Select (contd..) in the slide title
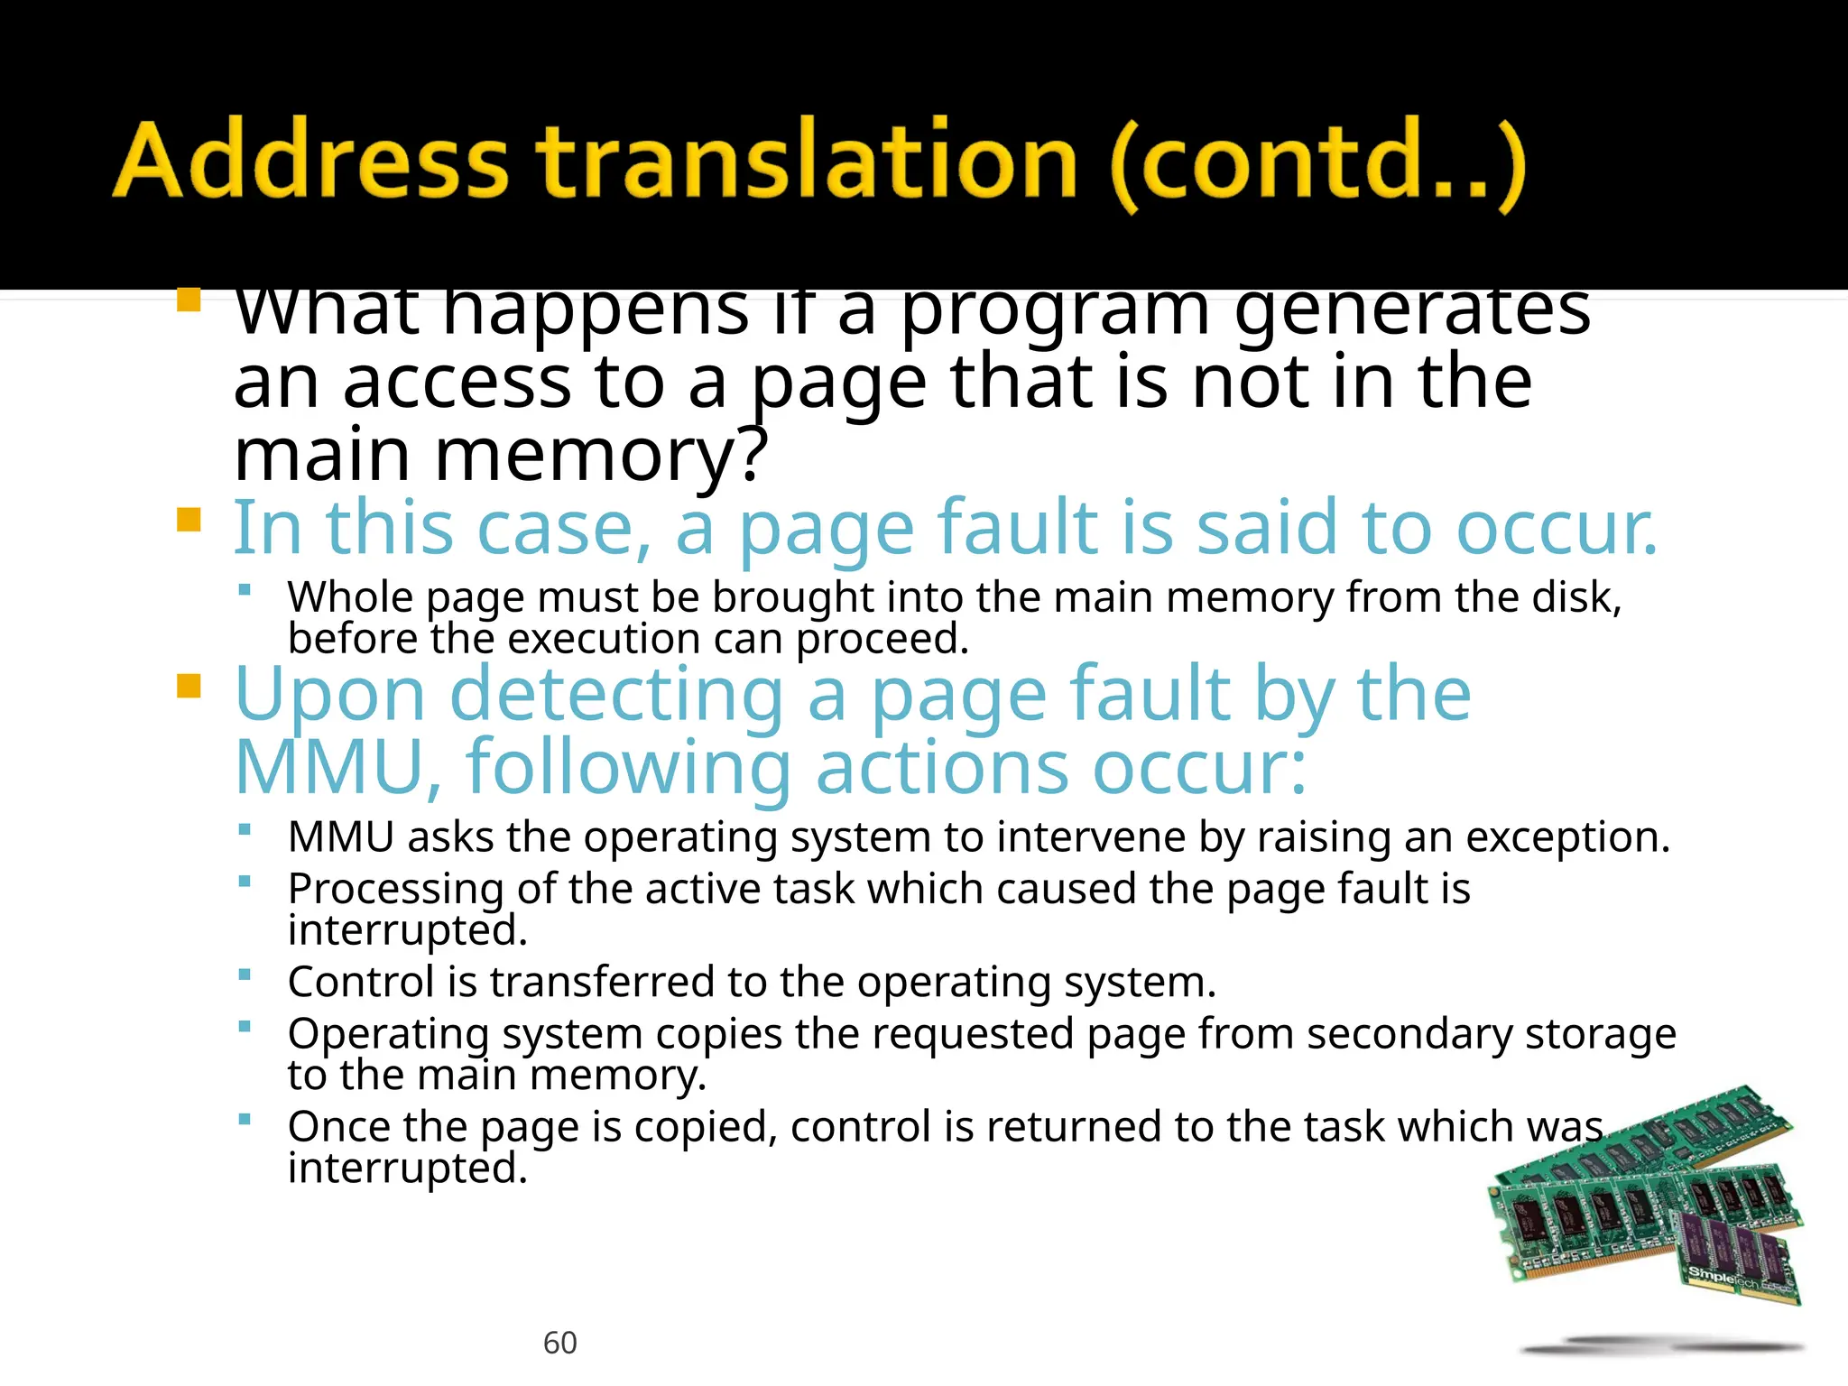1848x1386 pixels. point(1317,164)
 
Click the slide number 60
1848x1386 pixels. point(559,1343)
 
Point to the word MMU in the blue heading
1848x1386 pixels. point(330,768)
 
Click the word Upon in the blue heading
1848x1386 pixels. point(329,696)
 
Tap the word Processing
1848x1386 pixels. point(395,890)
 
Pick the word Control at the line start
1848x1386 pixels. point(361,982)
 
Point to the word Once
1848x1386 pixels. point(338,1127)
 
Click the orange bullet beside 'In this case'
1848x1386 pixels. point(189,520)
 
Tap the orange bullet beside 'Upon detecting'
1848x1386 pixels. point(189,686)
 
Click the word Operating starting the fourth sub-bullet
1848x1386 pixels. point(389,1034)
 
